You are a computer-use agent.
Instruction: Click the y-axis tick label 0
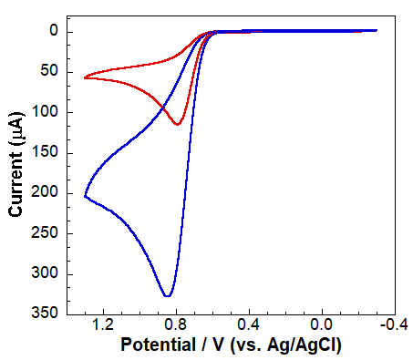click(55, 32)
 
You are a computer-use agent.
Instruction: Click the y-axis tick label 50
click(51, 72)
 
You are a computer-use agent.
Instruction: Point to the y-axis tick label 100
click(47, 112)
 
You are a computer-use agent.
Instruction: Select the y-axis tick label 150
click(47, 152)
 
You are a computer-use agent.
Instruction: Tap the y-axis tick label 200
click(47, 193)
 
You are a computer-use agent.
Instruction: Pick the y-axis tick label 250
click(47, 233)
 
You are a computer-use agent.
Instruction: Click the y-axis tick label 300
click(47, 273)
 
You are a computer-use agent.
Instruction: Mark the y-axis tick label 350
click(47, 314)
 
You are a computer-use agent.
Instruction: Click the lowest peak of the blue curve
click(167, 296)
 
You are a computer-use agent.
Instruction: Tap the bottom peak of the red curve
click(178, 124)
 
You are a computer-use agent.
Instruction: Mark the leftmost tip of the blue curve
click(85, 196)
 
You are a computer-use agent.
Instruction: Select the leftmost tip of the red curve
click(85, 77)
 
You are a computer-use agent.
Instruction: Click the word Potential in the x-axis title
click(156, 347)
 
